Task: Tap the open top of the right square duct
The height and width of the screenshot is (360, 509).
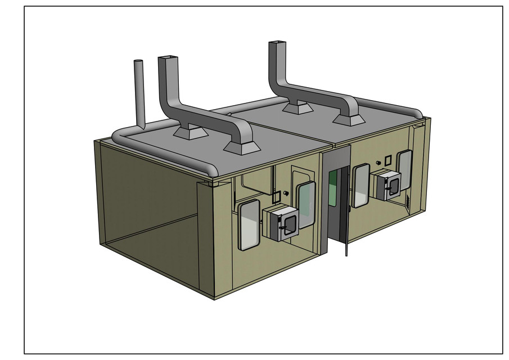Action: (277, 43)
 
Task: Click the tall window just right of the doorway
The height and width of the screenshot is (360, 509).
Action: (360, 185)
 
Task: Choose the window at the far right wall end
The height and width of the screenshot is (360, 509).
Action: (404, 169)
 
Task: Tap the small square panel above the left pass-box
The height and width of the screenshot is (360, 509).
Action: (276, 196)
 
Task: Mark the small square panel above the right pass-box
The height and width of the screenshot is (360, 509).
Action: (387, 160)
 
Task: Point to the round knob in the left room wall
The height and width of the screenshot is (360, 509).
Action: (286, 193)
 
